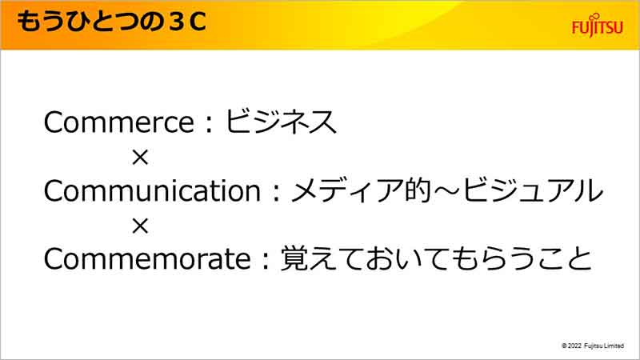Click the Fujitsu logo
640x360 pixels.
(x=597, y=26)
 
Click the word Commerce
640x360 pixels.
(x=118, y=122)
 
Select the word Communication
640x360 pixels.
(x=152, y=190)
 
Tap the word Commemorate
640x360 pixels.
(x=147, y=258)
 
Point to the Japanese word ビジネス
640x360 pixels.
(x=281, y=122)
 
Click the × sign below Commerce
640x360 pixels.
(x=140, y=157)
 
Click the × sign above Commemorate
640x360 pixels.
(x=140, y=226)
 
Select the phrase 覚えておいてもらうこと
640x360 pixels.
(x=436, y=258)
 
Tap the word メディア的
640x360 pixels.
(x=362, y=190)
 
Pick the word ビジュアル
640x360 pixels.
(x=533, y=190)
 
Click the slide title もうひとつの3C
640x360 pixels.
(x=111, y=22)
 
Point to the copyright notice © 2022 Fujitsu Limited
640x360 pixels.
(x=593, y=346)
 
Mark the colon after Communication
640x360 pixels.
(x=276, y=193)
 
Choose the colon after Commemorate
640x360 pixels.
(x=266, y=261)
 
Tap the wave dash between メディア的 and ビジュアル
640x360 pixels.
(x=447, y=191)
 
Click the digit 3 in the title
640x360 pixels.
(x=175, y=22)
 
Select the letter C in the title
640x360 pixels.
(x=198, y=22)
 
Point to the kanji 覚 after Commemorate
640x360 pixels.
(x=294, y=258)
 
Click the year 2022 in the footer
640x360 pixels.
(x=574, y=346)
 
